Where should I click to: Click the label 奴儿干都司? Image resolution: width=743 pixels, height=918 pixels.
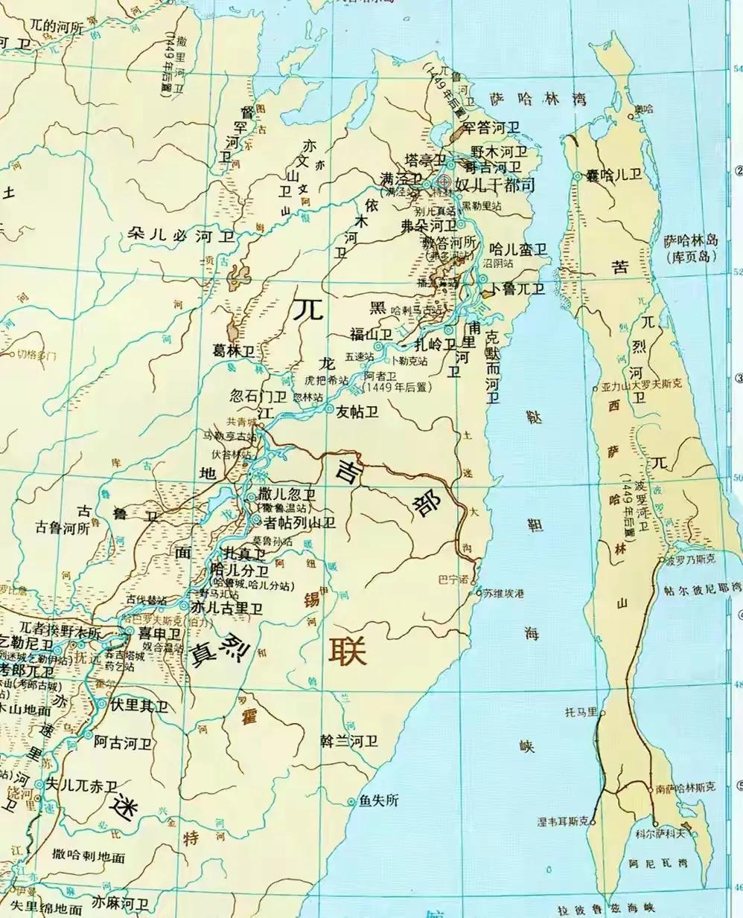point(495,184)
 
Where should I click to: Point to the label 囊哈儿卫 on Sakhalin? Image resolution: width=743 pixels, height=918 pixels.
point(614,176)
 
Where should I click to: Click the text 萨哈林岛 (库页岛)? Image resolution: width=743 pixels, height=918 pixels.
point(691,248)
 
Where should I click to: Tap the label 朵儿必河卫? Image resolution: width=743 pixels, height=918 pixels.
point(181,237)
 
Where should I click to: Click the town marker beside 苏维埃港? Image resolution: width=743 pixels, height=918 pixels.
point(479,593)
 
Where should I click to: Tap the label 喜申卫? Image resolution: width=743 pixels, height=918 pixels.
point(160,633)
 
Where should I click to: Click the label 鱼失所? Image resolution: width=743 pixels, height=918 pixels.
point(379,800)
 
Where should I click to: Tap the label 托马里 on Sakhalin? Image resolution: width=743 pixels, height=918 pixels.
point(581,712)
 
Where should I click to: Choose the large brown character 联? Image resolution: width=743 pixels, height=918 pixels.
point(348,651)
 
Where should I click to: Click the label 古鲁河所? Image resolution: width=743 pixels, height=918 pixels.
point(63,527)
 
